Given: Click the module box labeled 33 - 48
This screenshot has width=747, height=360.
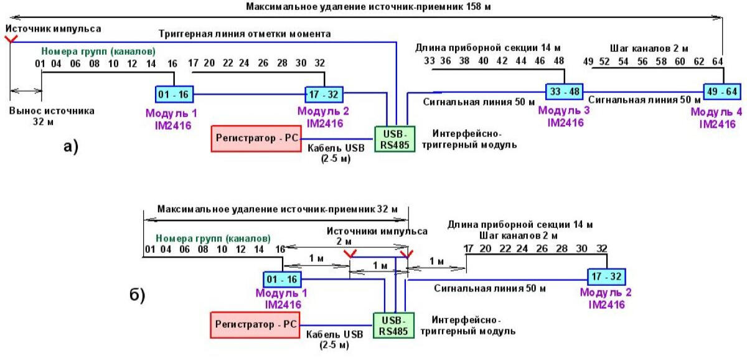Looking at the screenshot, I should click(x=565, y=91).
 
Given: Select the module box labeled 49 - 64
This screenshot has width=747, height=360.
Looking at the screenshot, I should click(x=722, y=91).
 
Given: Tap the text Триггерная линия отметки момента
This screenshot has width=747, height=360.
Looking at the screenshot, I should click(x=245, y=33).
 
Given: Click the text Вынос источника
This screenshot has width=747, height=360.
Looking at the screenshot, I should click(x=52, y=111).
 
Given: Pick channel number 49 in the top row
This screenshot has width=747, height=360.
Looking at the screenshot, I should click(x=588, y=61).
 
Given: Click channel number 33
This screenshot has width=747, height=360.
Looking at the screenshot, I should click(x=429, y=61).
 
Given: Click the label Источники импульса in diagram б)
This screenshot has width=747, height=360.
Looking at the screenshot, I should click(x=377, y=230).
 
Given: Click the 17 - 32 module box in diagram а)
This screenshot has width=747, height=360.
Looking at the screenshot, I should click(x=324, y=95).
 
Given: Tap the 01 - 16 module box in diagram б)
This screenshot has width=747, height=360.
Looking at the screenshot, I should click(x=283, y=279).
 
